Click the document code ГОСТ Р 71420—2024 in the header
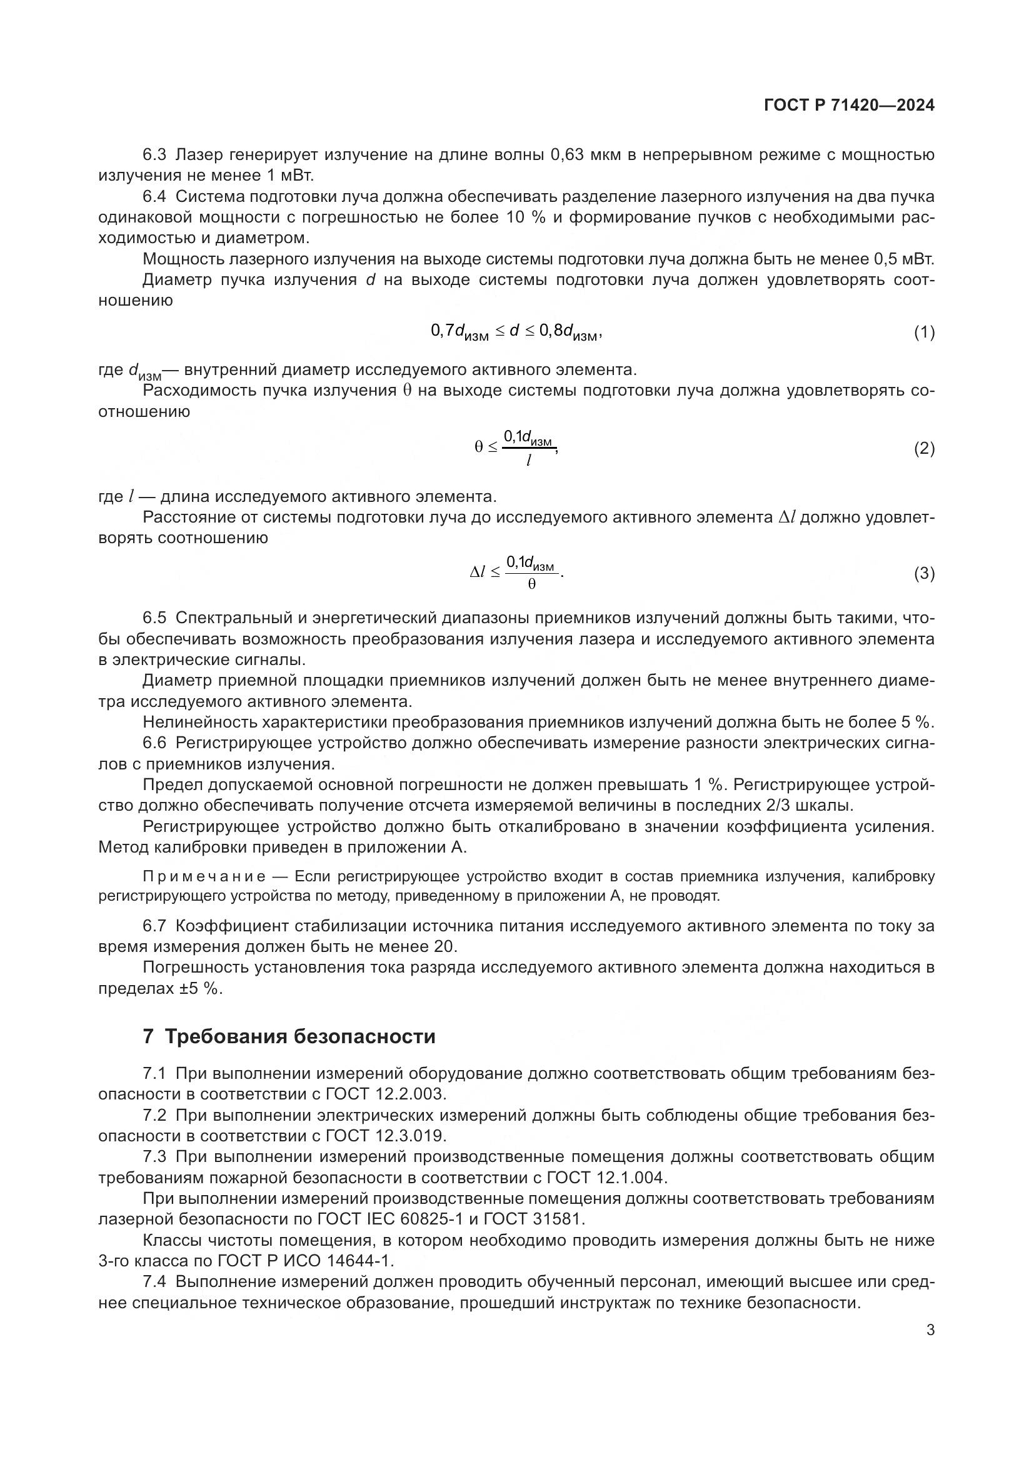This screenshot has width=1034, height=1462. [849, 106]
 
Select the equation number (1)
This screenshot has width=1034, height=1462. [924, 332]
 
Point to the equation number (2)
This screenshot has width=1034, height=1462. [924, 448]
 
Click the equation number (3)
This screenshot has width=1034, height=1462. [924, 573]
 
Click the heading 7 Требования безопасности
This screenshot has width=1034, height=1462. [289, 1036]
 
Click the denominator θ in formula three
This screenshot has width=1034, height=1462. [531, 583]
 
